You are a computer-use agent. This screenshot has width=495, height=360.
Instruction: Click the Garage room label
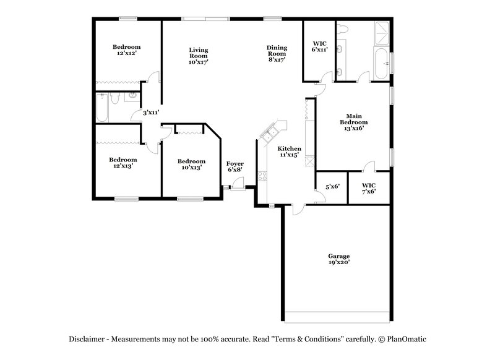338,256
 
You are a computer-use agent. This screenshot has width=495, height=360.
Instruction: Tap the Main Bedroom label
353,119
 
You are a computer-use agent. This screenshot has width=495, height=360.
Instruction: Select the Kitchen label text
289,149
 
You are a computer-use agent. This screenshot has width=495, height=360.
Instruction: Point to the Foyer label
235,163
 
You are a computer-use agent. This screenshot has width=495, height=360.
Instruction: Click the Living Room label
198,52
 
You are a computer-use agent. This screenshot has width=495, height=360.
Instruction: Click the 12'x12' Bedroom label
126,47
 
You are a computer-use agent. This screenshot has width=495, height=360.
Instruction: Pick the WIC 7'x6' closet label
369,186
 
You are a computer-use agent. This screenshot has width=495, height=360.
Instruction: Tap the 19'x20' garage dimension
338,263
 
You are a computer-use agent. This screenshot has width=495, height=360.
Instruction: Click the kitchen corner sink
270,132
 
